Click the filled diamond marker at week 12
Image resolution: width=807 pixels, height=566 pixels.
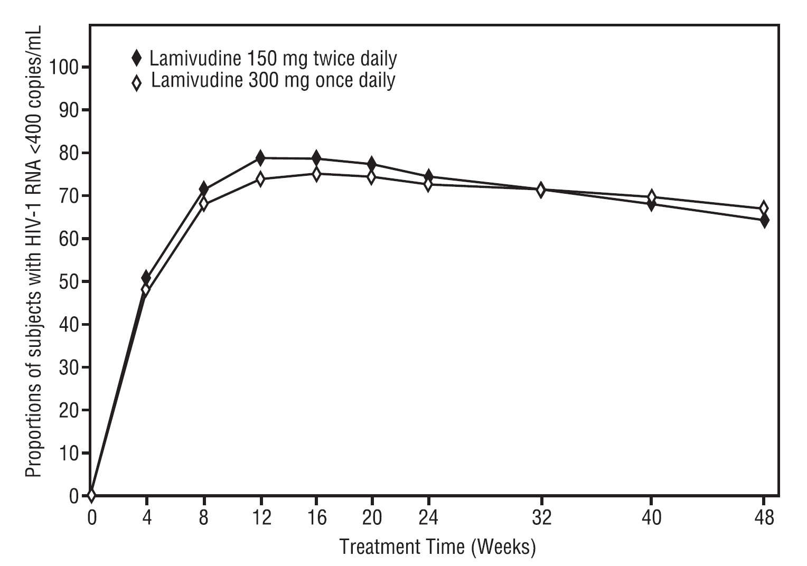coord(260,157)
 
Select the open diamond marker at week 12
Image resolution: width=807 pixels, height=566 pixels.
coord(260,179)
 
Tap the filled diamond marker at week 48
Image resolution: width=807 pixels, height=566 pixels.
coord(763,220)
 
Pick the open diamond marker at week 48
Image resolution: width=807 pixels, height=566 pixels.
coord(763,208)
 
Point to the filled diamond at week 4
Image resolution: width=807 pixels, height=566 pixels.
coord(146,278)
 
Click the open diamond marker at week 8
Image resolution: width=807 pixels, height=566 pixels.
coord(204,204)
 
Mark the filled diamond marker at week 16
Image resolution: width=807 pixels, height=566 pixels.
coord(316,158)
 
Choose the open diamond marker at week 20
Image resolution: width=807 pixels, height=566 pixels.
coord(372,177)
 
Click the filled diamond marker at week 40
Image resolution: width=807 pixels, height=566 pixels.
coord(651,204)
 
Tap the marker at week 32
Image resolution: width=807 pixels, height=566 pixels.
coord(540,190)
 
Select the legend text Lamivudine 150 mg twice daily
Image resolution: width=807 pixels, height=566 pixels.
coord(273,59)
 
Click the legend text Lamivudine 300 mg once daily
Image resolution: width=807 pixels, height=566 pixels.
coord(273,81)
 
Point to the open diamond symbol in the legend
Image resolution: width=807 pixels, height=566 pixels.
coord(137,82)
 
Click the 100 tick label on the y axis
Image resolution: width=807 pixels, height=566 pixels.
coord(63,68)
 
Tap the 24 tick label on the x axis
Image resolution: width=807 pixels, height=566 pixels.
coord(428,518)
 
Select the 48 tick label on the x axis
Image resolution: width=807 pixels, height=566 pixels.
coord(763,518)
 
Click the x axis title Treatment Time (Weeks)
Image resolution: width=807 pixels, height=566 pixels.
coord(437,547)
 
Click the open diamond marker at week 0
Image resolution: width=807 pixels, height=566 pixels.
coord(91,495)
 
